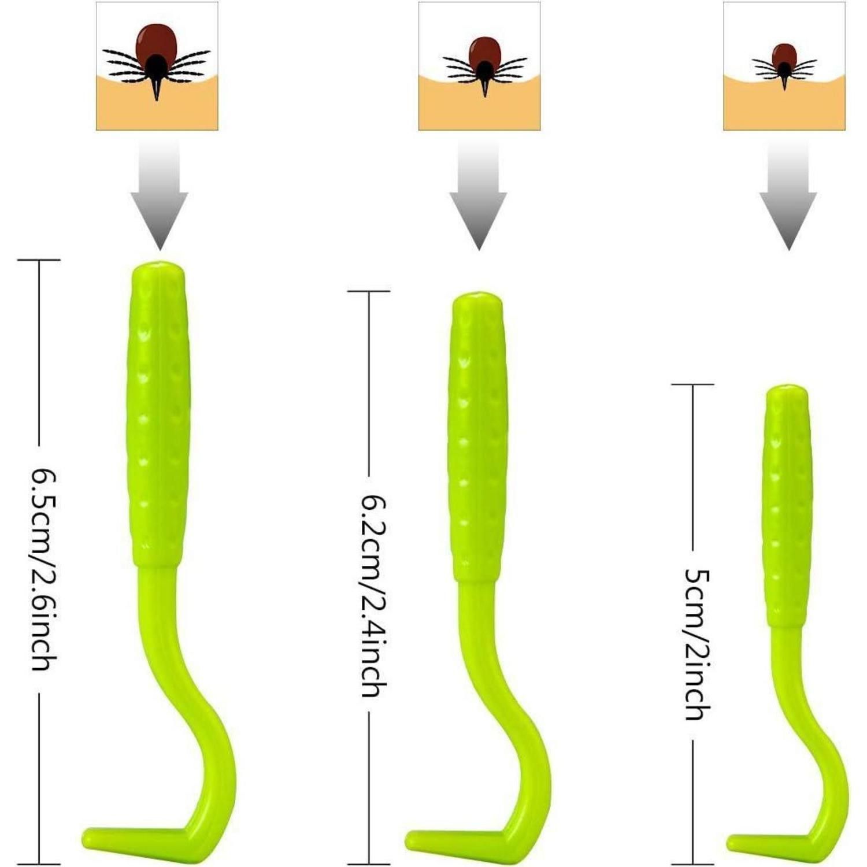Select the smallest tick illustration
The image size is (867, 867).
click(x=784, y=65)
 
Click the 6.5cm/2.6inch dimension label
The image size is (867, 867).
click(x=45, y=569)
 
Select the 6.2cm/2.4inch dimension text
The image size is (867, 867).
click(x=373, y=595)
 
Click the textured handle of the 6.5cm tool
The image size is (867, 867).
click(x=158, y=414)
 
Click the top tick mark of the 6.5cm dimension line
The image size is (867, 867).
click(x=39, y=260)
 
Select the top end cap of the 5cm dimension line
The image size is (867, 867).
click(x=692, y=384)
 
